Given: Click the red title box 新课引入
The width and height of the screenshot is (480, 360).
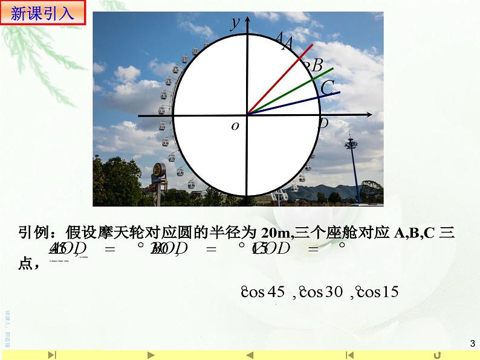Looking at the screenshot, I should (x=46, y=13).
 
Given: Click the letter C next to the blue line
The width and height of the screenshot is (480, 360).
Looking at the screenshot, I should (x=327, y=88).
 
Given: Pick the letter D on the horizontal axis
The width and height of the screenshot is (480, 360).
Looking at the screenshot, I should (x=323, y=124).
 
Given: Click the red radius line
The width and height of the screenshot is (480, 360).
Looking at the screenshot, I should (x=281, y=78).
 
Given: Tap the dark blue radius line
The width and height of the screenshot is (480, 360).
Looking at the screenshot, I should (x=293, y=103).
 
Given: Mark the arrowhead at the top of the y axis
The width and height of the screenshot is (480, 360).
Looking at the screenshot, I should (x=247, y=19).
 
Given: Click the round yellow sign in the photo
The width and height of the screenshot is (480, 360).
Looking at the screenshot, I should (x=158, y=170).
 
